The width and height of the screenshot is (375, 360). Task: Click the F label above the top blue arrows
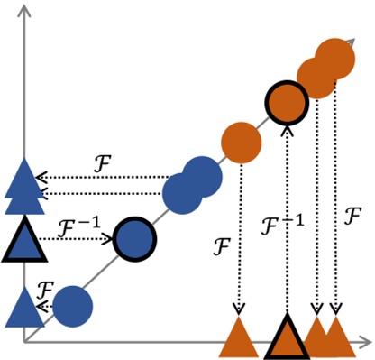(103, 162)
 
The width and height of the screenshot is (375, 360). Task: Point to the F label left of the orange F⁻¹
(220, 244)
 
